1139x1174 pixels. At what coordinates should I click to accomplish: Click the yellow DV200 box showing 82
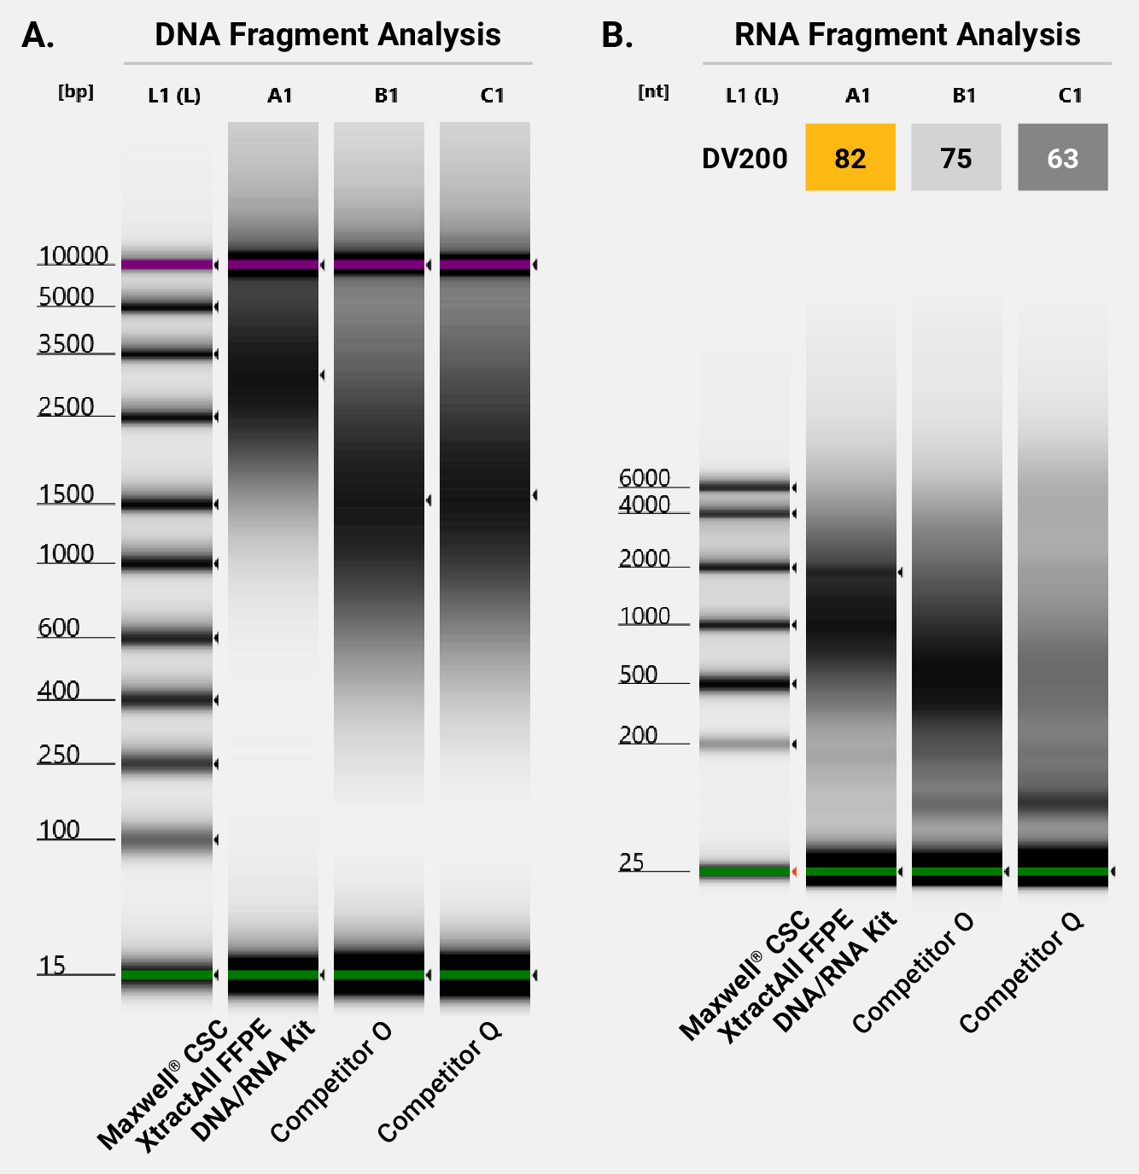[x=850, y=158]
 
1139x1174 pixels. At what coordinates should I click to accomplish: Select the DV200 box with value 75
[x=955, y=158]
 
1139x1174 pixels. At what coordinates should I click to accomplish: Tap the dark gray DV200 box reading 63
[x=1062, y=158]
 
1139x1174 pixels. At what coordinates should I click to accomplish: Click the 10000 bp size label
[x=73, y=255]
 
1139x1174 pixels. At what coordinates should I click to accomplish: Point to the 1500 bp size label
[x=66, y=494]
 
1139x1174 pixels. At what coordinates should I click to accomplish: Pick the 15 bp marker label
[x=51, y=966]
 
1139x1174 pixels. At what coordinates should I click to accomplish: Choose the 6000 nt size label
[x=645, y=478]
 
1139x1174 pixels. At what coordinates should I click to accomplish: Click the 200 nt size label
[x=638, y=735]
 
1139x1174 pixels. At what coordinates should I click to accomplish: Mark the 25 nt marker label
[x=631, y=862]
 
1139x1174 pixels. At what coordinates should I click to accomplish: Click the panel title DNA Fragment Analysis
[x=328, y=35]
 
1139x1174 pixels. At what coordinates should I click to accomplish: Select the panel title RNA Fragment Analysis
[x=907, y=35]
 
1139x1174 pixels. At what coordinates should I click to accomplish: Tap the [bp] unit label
[x=76, y=92]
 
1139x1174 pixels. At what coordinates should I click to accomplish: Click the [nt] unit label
[x=653, y=92]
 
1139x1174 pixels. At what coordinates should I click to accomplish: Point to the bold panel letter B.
[x=616, y=36]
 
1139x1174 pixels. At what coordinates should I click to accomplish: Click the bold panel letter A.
[x=38, y=36]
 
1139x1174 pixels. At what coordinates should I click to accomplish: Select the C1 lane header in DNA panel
[x=492, y=96]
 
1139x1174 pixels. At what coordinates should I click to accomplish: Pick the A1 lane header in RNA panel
[x=857, y=96]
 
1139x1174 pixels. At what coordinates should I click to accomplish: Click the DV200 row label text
[x=744, y=159]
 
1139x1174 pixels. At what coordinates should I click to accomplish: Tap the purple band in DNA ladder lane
[x=166, y=265]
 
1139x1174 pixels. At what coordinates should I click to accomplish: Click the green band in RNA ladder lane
[x=744, y=871]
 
